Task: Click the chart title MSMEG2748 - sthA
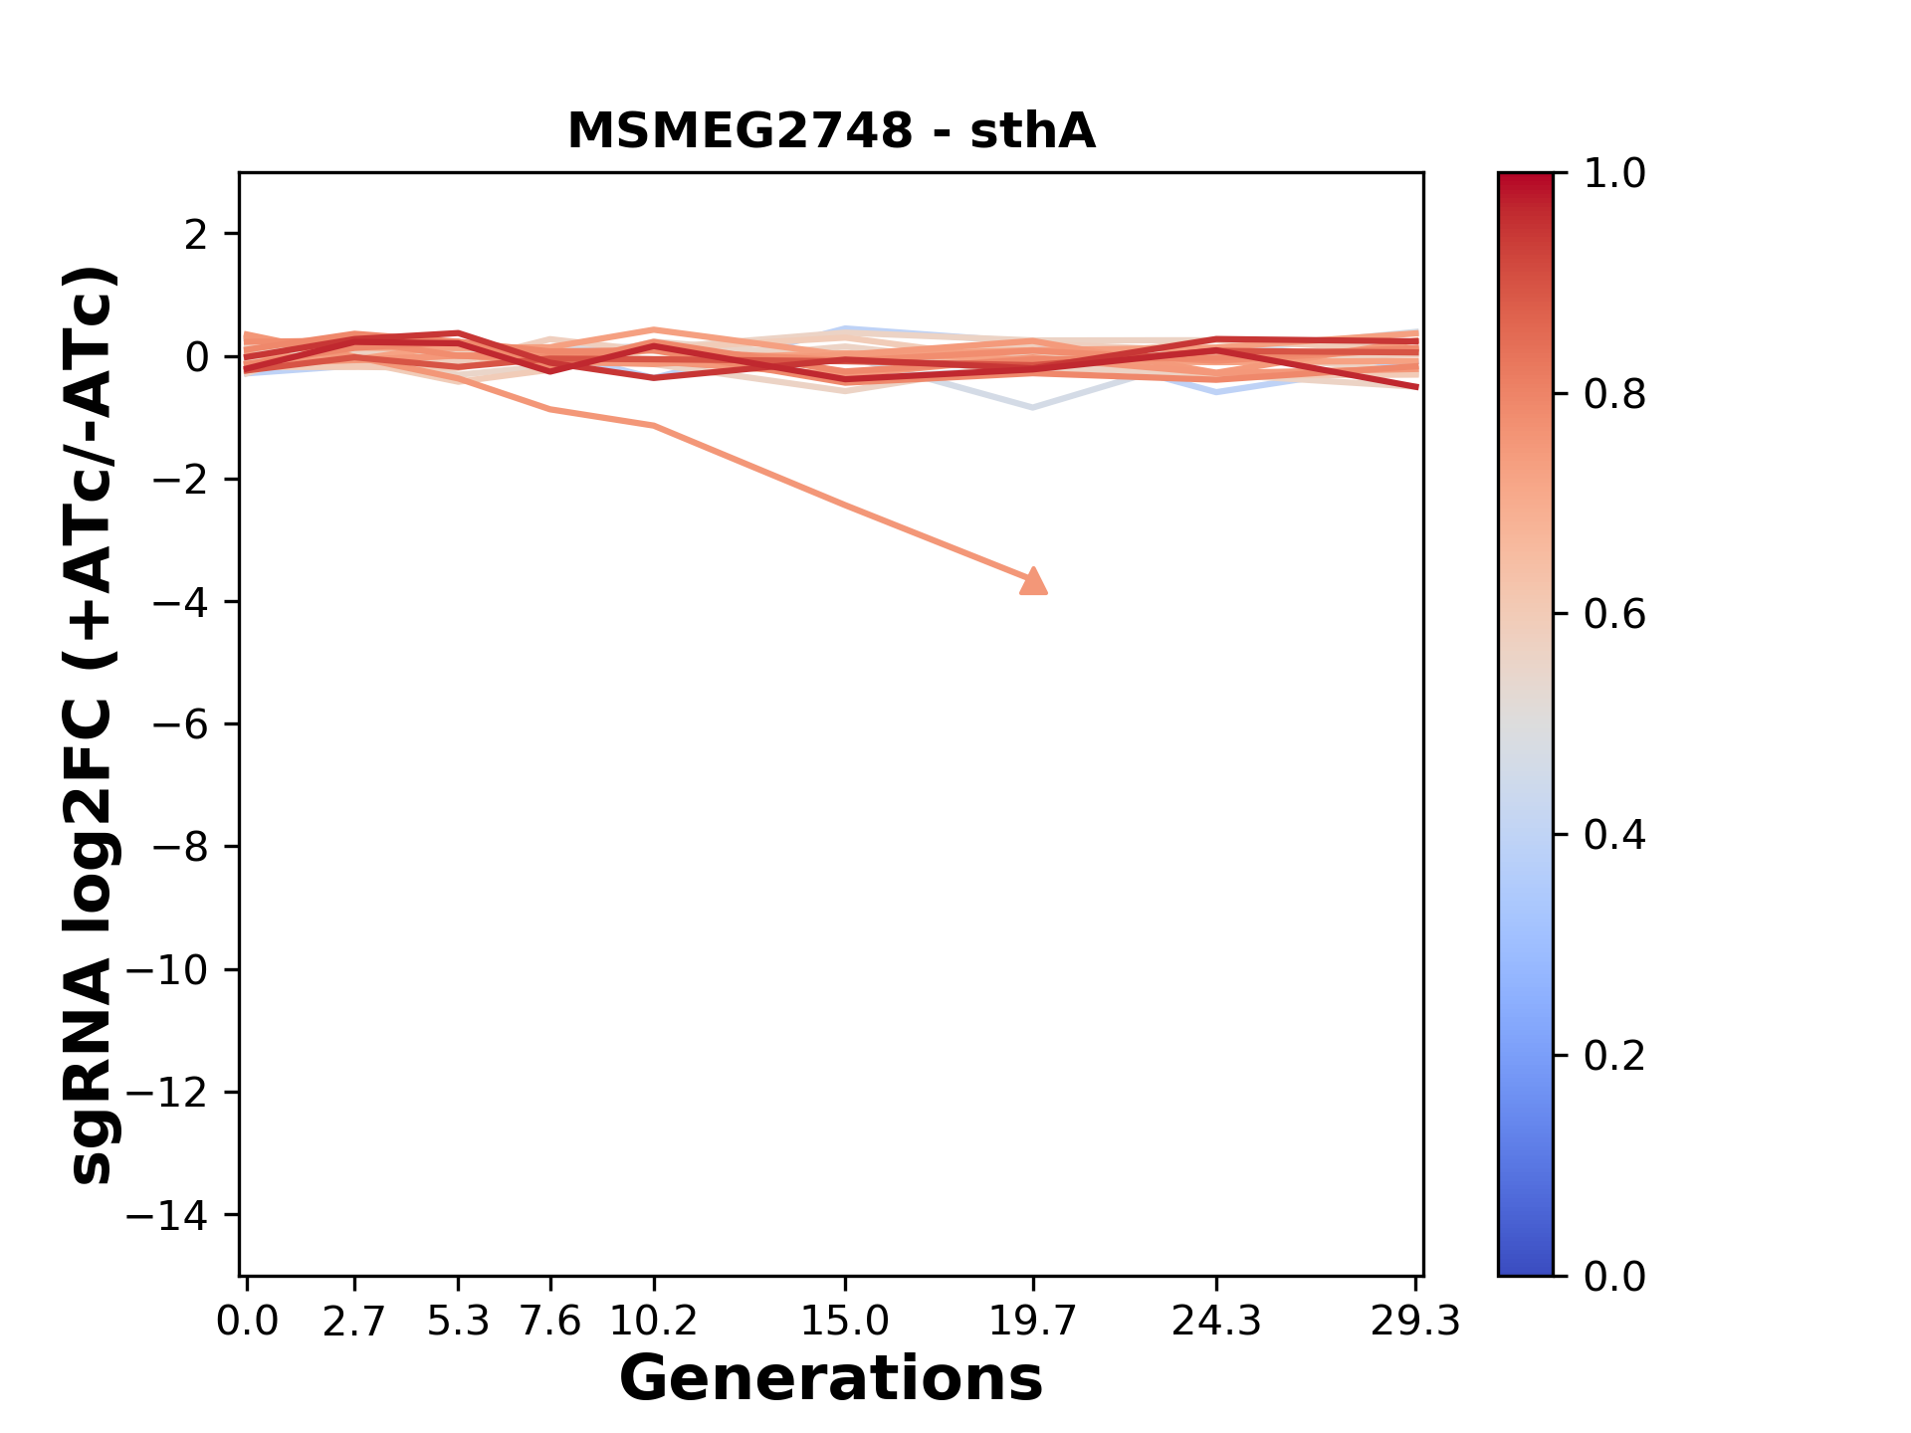831,131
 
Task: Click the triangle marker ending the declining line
1034,581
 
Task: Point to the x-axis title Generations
831,1379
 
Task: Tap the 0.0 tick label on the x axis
247,1322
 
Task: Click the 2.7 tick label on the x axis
354,1322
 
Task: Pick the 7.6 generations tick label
550,1322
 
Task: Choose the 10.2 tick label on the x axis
653,1322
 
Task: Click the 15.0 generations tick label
845,1322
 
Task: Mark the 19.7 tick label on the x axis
1033,1322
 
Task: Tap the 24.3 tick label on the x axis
1216,1322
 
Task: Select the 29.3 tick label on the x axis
1415,1322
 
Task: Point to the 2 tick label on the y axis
197,235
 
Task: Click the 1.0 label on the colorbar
1614,174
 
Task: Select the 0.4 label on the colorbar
1614,835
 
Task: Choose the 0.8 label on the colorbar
1614,395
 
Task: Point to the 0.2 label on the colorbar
1614,1056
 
